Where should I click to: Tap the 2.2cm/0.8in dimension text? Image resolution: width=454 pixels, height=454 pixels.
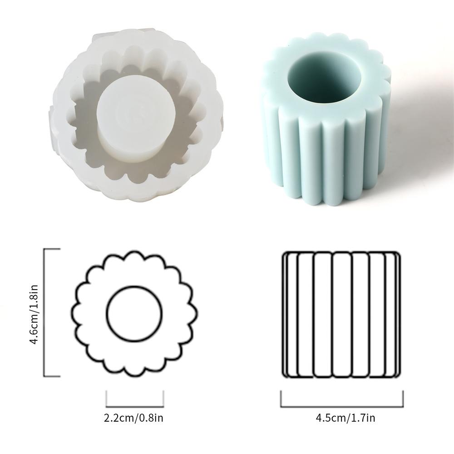pos(134,418)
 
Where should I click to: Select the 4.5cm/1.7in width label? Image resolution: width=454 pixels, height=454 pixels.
pos(345,418)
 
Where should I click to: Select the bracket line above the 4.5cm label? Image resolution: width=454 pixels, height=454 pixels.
pos(342,407)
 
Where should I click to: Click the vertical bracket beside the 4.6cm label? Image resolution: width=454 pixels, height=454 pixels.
pos(44,313)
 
